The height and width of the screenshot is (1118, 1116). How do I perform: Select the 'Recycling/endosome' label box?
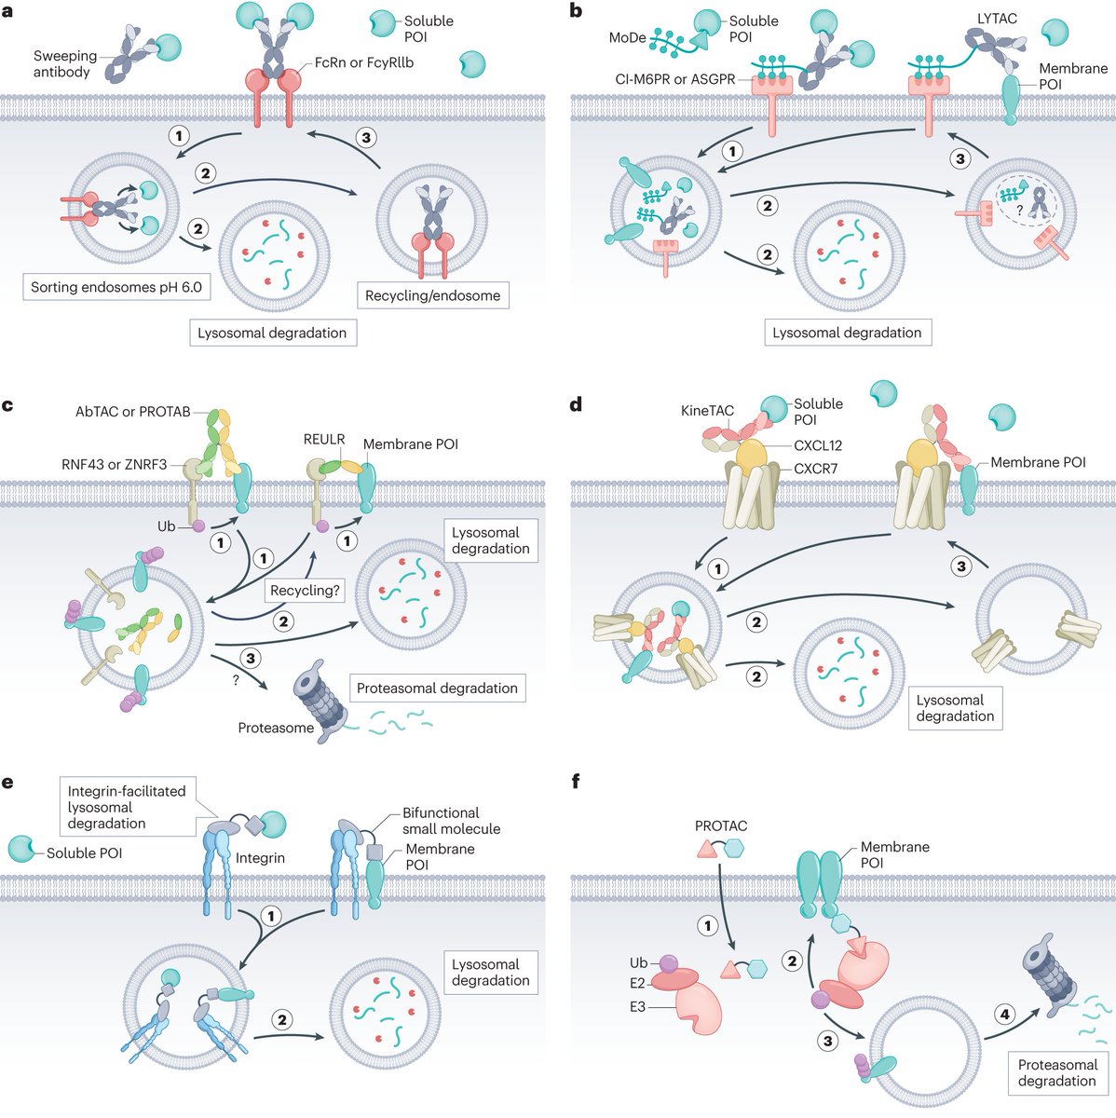pos(432,295)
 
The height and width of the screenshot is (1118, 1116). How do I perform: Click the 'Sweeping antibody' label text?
pos(65,64)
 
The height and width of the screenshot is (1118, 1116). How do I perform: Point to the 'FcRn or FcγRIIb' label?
pos(363,62)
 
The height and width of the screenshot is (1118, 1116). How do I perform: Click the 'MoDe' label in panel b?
pos(627,38)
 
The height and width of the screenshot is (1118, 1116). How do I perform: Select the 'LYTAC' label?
pos(997,18)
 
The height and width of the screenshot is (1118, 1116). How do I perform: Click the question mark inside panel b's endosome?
pos(1019,211)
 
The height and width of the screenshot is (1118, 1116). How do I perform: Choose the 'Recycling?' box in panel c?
pos(305,591)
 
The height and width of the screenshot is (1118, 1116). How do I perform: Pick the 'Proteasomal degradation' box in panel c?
pos(437,689)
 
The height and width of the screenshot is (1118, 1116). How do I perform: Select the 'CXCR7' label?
pos(816,468)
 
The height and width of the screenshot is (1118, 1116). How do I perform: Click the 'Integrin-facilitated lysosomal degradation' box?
pos(127,807)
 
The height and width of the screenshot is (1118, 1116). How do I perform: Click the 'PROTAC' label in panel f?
pos(721,825)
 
